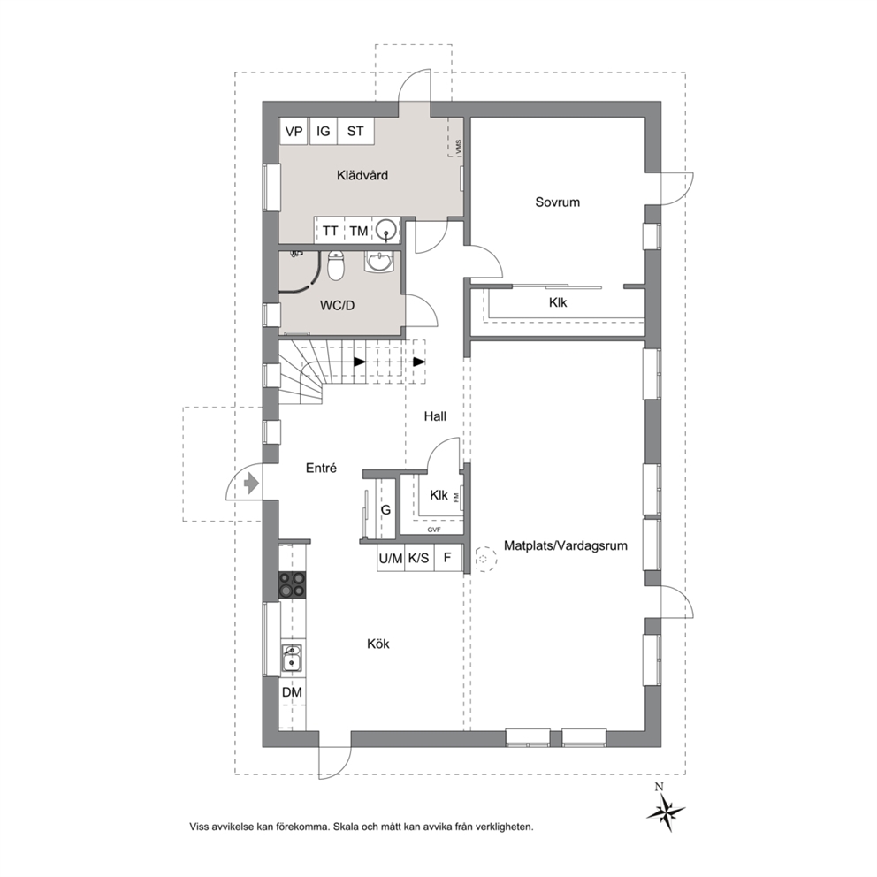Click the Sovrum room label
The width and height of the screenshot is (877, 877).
point(557,202)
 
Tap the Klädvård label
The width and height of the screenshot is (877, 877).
point(362,175)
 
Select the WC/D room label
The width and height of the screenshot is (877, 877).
point(337,306)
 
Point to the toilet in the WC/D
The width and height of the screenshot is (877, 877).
point(336,266)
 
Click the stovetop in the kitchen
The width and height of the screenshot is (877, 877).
point(293,584)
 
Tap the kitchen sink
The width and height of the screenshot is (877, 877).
point(292,658)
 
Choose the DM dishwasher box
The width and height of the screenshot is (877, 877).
point(292,692)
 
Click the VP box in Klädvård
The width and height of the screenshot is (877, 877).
point(294,132)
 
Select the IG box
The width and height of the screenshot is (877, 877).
point(324,132)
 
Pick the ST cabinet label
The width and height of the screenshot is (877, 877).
point(355,132)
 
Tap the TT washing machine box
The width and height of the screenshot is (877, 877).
point(330,231)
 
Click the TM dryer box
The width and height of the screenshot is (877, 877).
point(359,231)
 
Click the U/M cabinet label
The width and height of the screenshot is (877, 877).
point(391,558)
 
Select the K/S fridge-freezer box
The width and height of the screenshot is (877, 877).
point(419,558)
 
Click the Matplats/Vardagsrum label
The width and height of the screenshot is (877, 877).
point(566,545)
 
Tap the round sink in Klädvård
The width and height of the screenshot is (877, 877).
point(386,230)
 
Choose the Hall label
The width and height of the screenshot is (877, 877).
point(435,416)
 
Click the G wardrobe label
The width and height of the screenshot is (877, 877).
point(385,510)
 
